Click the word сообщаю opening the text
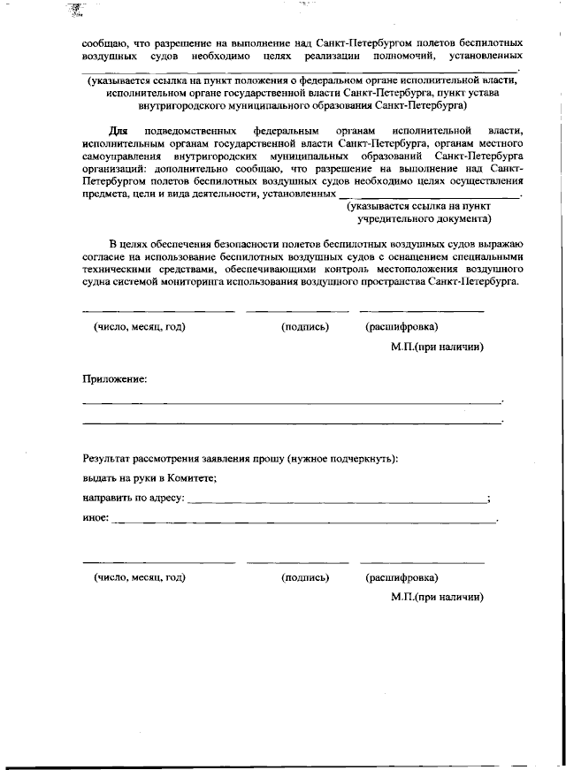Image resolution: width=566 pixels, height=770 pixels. click(x=103, y=42)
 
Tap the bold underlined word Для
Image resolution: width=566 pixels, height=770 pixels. click(x=106, y=130)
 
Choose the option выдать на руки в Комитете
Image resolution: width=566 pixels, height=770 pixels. click(x=149, y=478)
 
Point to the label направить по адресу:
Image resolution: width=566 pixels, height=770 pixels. click(x=134, y=498)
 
